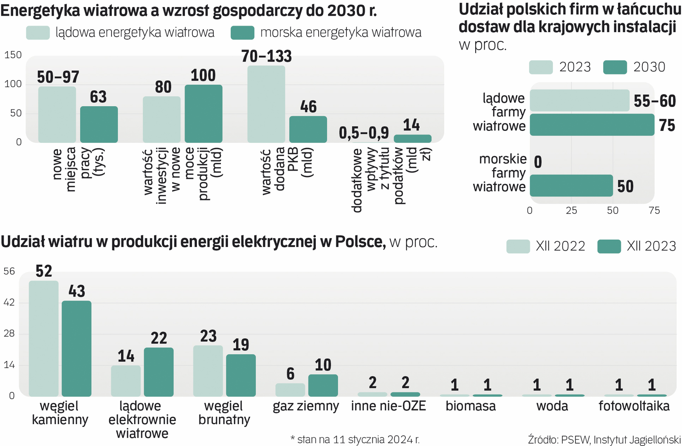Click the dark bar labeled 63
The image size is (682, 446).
(99, 124)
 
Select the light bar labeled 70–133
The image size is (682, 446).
(266, 104)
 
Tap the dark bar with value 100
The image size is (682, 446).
(203, 114)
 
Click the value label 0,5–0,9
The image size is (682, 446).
(364, 133)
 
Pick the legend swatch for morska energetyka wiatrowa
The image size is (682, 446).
(242, 33)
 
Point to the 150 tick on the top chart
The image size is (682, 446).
(13, 55)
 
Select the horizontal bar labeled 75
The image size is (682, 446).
(592, 125)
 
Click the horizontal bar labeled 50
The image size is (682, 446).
(571, 185)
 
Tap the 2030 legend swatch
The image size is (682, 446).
(615, 67)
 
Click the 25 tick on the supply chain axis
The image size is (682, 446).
(571, 211)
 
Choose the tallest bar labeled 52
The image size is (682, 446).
(43, 338)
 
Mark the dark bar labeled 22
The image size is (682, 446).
(159, 372)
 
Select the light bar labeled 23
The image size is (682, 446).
(208, 370)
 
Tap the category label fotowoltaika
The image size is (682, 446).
(634, 406)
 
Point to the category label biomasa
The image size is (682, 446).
(471, 406)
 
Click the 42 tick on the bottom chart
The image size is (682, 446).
(9, 303)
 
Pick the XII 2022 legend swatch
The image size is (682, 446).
(518, 246)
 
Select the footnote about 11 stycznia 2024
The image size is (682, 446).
(355, 439)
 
